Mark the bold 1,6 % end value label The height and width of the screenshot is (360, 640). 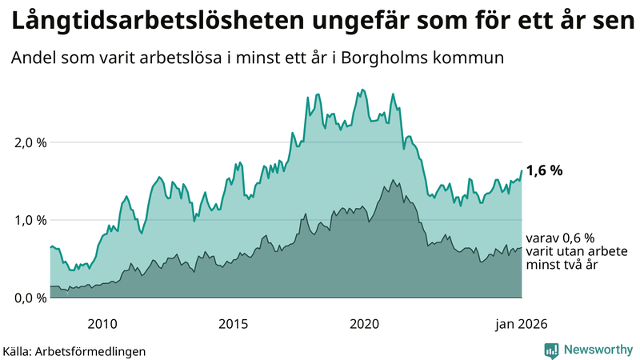(545, 170)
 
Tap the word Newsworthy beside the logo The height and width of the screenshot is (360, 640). (598, 350)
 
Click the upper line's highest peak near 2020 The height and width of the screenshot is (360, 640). (363, 90)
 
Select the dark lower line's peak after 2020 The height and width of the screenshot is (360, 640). (392, 180)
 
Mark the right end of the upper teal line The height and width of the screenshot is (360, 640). (522, 170)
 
